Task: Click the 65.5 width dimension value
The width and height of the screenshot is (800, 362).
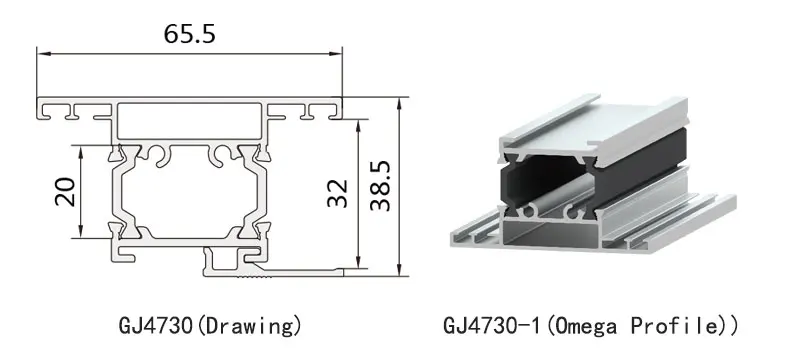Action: [x=190, y=34]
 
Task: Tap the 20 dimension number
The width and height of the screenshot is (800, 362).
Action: [x=65, y=192]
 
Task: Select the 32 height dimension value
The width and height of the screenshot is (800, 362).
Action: [x=337, y=194]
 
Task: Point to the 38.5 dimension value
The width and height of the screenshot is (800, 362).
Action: [x=380, y=186]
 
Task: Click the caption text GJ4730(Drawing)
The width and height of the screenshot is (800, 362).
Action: [x=210, y=325]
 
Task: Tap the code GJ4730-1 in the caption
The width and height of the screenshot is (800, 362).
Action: [x=491, y=325]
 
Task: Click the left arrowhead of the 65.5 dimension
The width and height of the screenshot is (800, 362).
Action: [x=43, y=53]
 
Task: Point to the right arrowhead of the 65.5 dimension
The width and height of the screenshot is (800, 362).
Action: [x=336, y=53]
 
